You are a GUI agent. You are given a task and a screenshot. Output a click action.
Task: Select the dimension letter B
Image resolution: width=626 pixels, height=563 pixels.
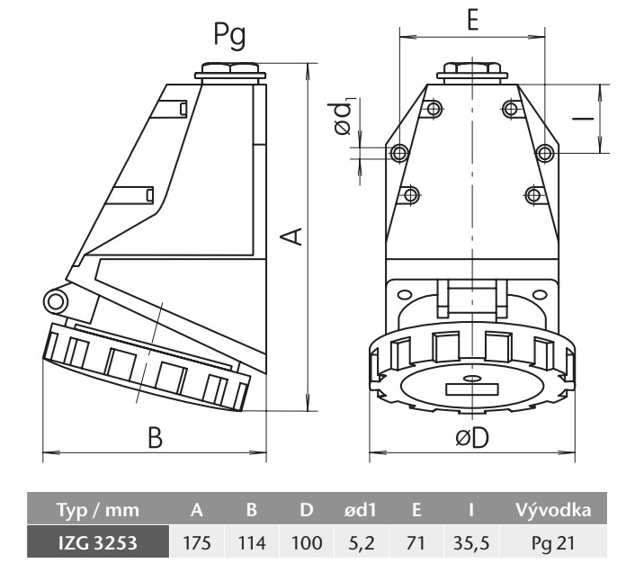[x=155, y=437]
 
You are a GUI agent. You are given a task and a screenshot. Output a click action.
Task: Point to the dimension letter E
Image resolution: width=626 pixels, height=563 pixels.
[x=471, y=21]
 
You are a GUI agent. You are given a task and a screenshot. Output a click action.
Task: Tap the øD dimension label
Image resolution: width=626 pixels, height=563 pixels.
[x=470, y=437]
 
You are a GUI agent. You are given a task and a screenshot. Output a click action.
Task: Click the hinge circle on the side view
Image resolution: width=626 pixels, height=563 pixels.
[x=56, y=300]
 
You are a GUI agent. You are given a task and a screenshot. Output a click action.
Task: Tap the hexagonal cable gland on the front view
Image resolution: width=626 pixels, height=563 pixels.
[x=470, y=69]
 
